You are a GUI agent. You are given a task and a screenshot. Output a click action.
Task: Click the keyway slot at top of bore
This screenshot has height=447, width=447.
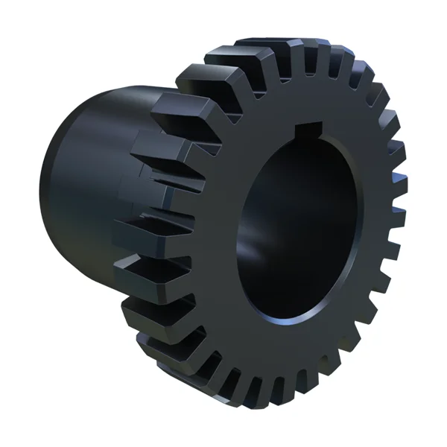[307, 132]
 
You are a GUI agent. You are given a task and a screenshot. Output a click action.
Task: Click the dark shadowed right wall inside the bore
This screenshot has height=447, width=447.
[328, 223]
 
